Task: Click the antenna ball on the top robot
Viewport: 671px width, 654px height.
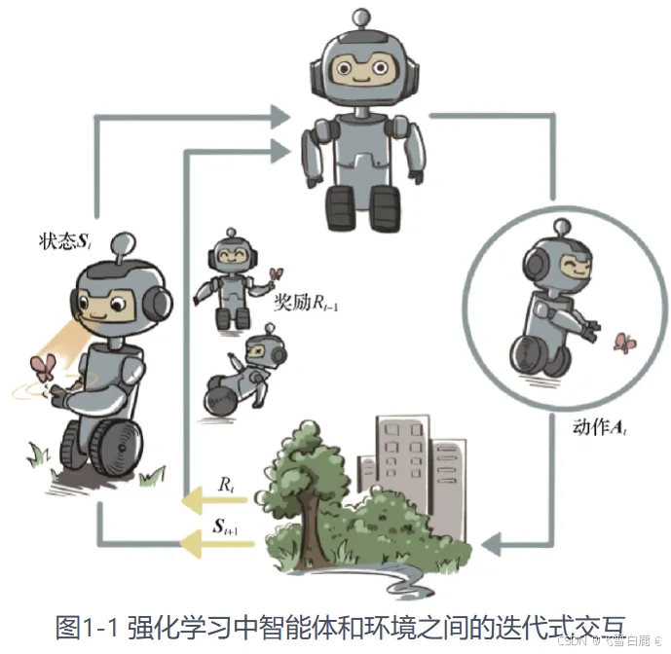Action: [x=360, y=15]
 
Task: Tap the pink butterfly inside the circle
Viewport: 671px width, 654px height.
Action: [x=623, y=343]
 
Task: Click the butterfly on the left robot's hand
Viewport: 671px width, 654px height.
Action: [x=44, y=367]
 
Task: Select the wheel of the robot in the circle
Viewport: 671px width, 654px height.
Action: [x=545, y=356]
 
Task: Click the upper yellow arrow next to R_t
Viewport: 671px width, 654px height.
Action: [x=217, y=502]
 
